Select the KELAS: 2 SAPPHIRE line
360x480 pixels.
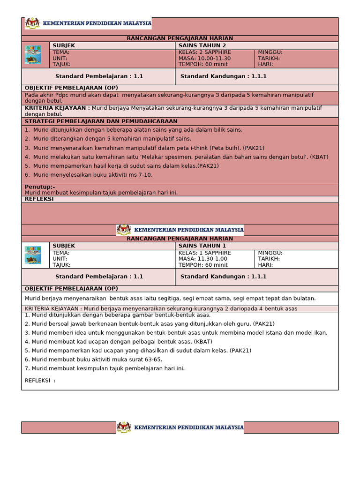click(x=205, y=52)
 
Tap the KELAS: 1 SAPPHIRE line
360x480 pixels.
click(x=205, y=253)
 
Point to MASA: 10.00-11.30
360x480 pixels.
click(x=204, y=59)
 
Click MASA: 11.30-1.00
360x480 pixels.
click(x=202, y=259)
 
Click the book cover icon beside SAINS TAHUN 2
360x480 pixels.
click(x=33, y=55)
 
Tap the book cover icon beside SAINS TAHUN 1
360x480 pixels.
click(x=33, y=255)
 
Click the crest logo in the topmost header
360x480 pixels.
click(x=32, y=23)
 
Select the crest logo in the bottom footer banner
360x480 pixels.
click(x=124, y=427)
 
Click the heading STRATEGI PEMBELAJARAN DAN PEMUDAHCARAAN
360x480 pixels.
click(x=98, y=121)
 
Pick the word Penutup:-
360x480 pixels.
click(x=40, y=187)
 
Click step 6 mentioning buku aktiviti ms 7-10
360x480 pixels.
click(x=89, y=175)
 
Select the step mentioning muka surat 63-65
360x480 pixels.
click(x=93, y=360)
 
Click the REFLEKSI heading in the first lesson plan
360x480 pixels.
click(x=39, y=199)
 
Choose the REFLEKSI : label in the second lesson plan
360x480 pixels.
click(x=40, y=380)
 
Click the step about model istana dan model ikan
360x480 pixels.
click(x=176, y=333)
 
